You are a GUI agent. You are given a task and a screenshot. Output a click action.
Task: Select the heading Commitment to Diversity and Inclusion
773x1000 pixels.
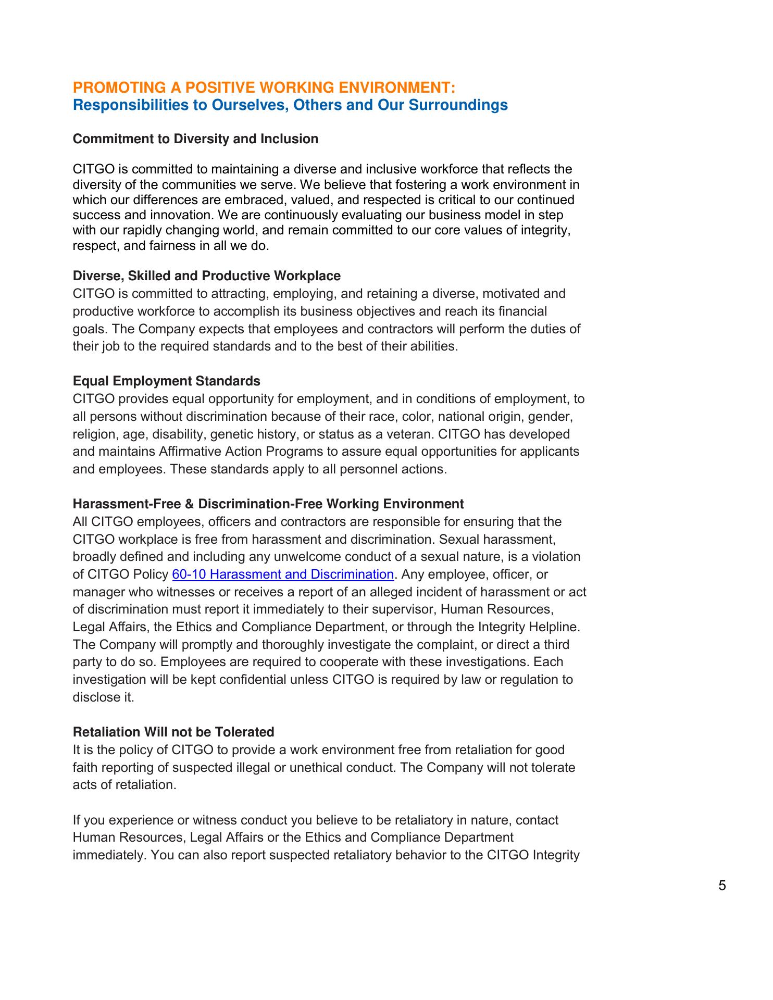click(195, 139)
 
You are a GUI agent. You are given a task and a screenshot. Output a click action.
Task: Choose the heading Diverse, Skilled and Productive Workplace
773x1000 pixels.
click(206, 276)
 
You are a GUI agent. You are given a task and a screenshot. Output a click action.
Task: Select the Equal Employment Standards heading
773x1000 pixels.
click(166, 381)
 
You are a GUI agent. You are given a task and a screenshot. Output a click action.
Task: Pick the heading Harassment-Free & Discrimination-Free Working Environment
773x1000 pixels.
click(268, 504)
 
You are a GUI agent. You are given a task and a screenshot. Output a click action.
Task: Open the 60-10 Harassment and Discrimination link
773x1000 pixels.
click(282, 574)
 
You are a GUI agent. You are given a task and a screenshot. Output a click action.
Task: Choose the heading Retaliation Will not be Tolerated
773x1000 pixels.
click(173, 732)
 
